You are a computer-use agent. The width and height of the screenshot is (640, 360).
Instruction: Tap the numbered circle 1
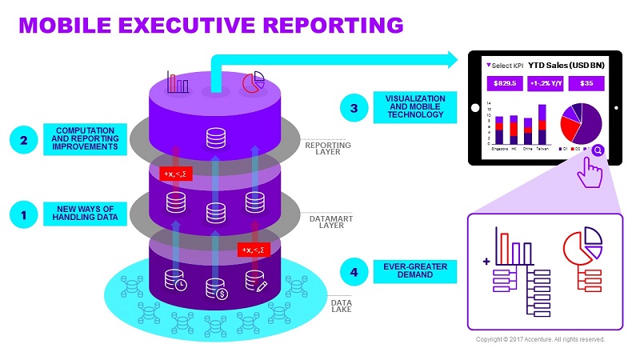(24, 214)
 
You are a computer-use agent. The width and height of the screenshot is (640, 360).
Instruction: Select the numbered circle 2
(24, 140)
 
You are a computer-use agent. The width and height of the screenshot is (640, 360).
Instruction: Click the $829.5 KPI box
(506, 82)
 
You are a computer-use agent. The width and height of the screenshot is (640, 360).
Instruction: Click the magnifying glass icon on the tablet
(598, 149)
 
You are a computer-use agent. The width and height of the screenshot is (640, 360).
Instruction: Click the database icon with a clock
(174, 280)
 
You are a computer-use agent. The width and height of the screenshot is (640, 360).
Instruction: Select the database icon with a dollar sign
(215, 286)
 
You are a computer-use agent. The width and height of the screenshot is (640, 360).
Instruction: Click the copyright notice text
(540, 339)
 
